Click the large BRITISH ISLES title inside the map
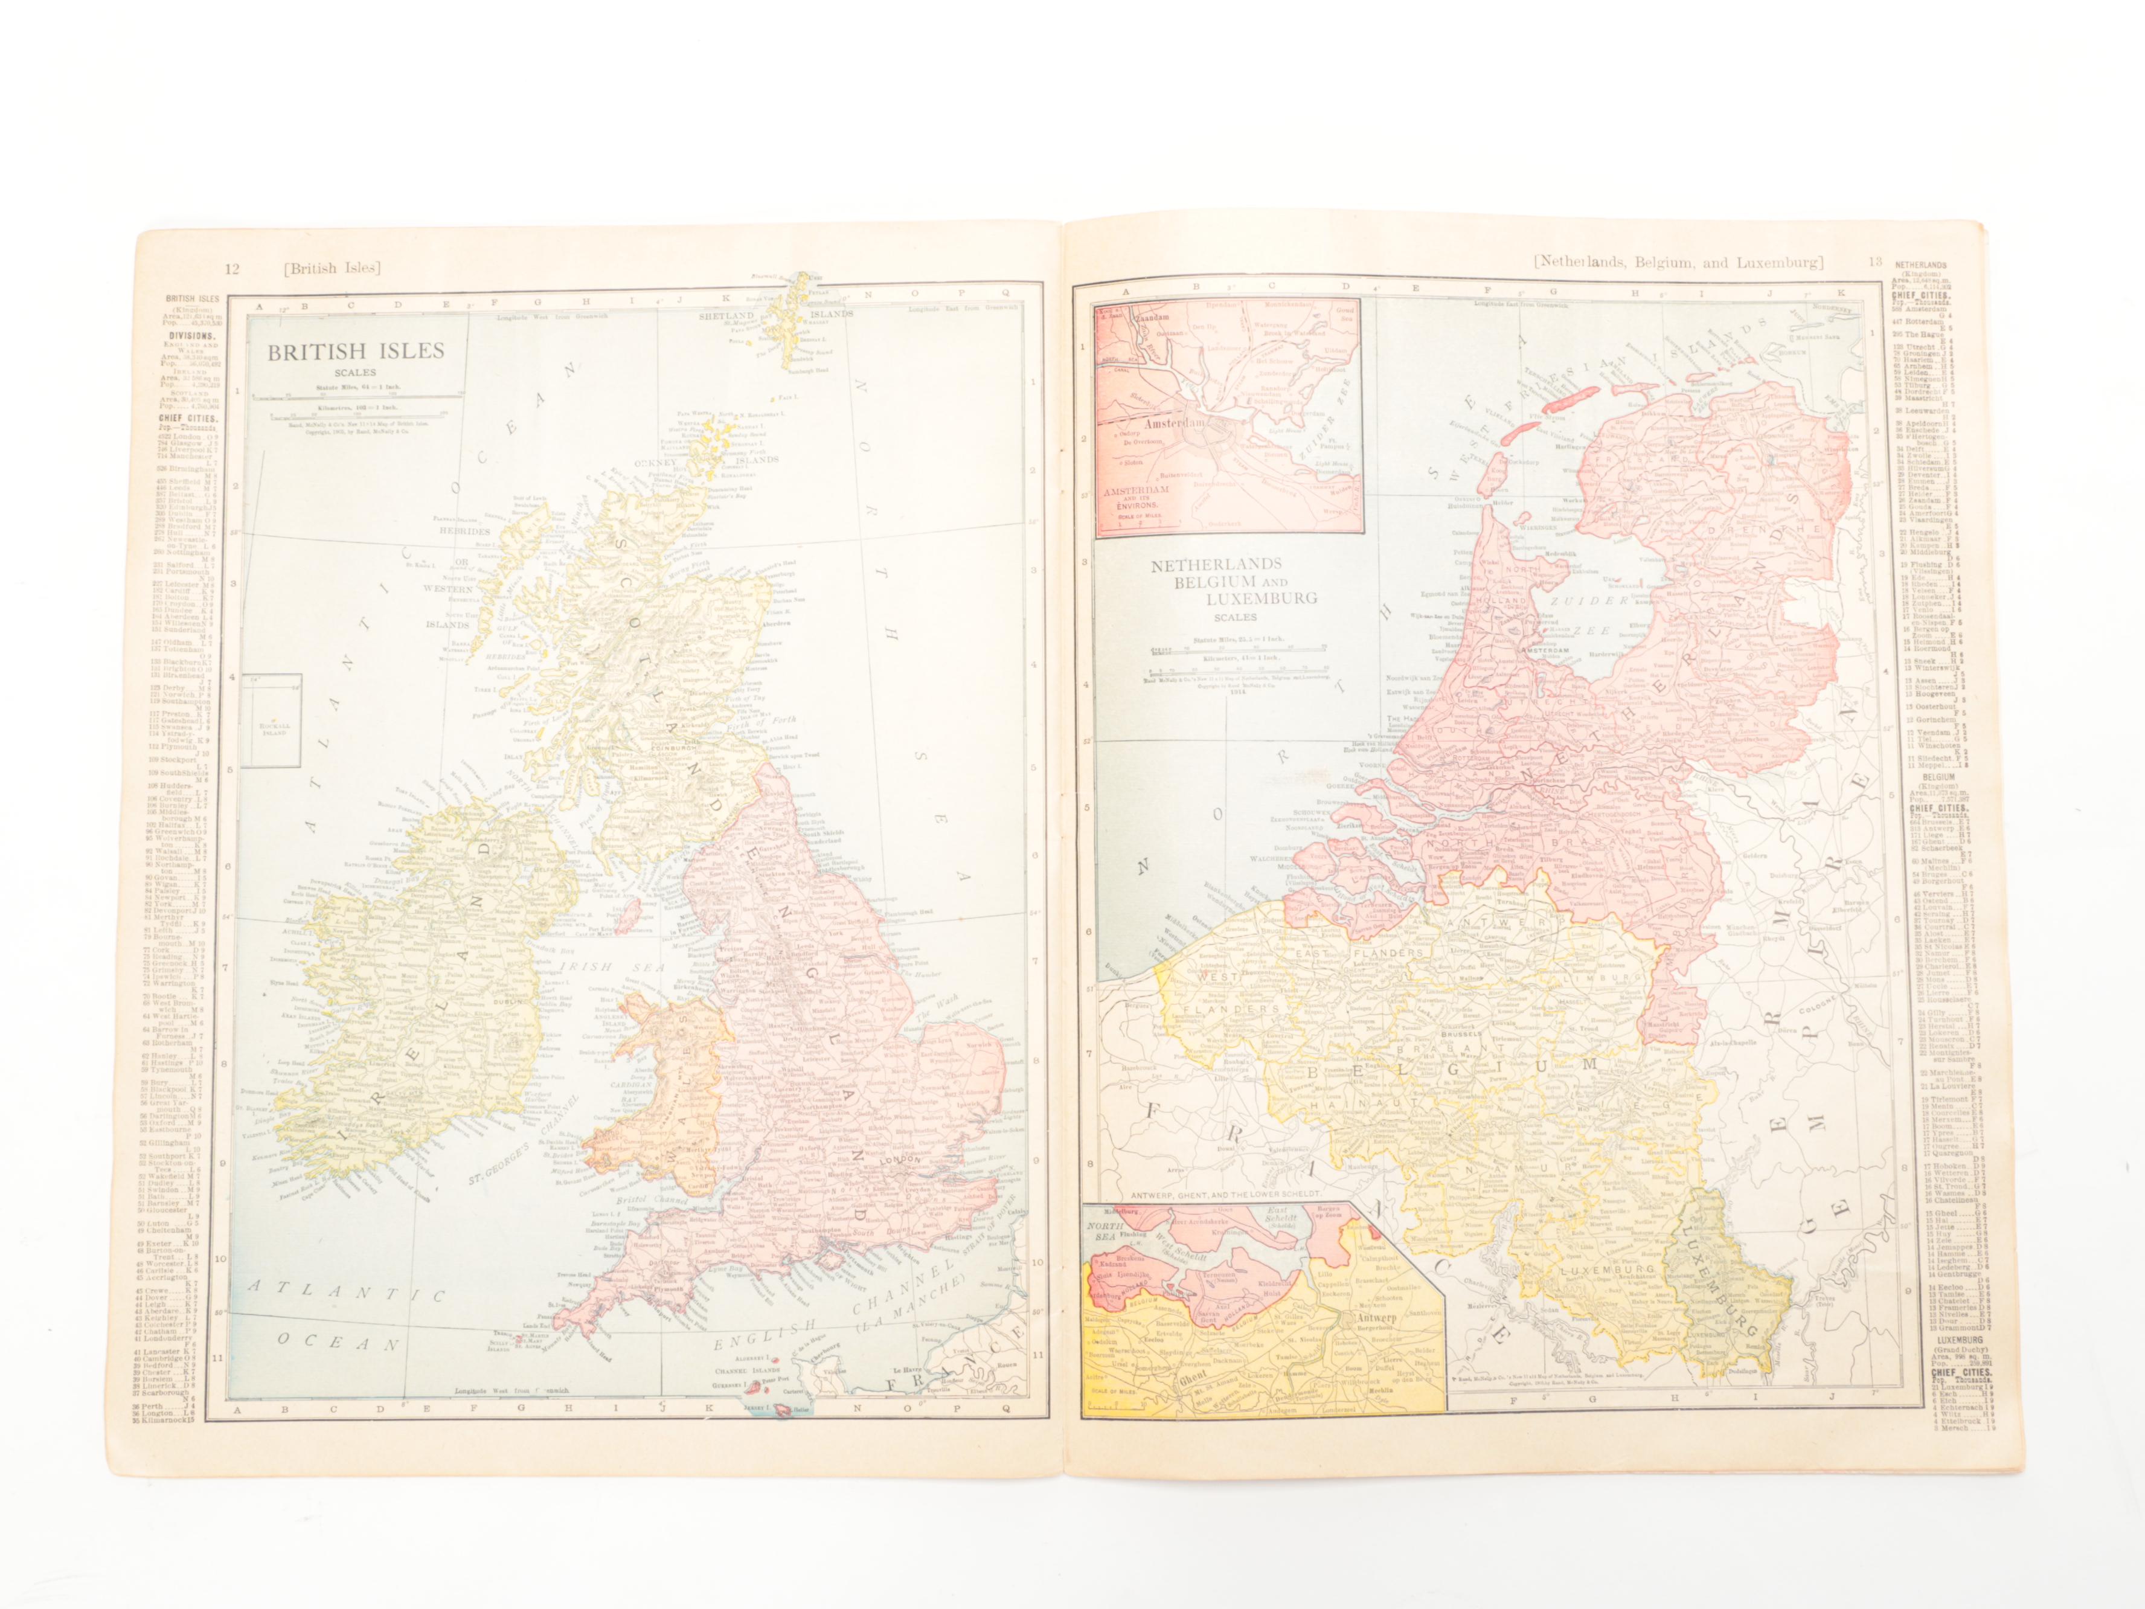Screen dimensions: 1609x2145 point(355,351)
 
